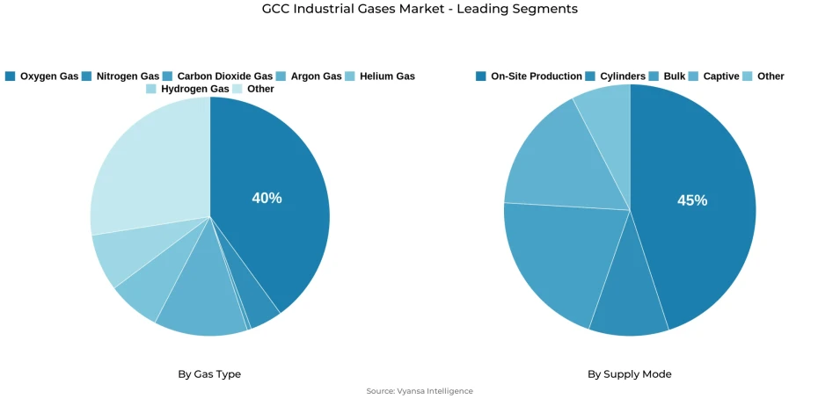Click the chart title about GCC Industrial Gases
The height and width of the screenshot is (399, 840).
[x=420, y=9]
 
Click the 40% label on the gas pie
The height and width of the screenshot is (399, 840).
[x=267, y=199]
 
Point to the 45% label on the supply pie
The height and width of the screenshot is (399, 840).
[x=692, y=200]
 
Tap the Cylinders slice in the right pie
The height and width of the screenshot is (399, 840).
[x=628, y=303]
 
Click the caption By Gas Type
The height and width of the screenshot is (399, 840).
[x=209, y=374]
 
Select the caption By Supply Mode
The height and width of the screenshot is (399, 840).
[x=629, y=374]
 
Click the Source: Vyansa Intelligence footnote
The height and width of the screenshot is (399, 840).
[x=420, y=391]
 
